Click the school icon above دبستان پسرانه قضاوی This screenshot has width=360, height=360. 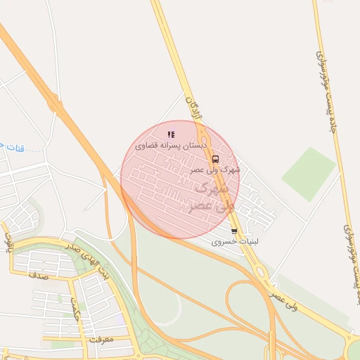tap(171, 134)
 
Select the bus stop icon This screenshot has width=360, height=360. tap(215, 159)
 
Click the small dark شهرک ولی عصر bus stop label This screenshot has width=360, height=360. tap(215, 169)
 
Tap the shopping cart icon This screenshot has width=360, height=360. tap(234, 231)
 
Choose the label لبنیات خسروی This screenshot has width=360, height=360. tap(236, 241)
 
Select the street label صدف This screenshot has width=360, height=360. tap(37, 276)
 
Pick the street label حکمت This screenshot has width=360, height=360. tap(74, 308)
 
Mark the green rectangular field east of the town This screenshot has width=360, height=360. tap(309, 174)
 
